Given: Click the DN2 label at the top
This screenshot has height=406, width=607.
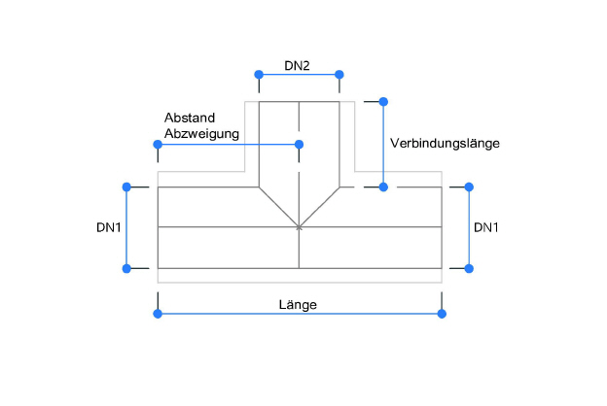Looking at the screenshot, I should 297,65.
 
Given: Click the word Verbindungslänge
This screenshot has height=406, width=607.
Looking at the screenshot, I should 445,143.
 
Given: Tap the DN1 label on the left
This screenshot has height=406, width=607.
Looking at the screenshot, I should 109,228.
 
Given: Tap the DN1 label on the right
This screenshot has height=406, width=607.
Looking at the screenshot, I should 486,228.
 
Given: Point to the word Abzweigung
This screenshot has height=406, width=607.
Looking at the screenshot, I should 202,134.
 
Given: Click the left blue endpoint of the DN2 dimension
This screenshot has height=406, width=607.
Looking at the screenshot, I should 259,74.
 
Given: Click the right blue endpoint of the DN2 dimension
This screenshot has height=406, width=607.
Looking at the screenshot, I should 339,74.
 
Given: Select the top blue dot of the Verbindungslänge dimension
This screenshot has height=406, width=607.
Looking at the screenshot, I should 383,101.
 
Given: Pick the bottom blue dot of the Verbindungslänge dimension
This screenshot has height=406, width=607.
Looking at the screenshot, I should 383,186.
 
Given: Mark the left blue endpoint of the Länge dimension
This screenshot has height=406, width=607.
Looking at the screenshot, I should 158,313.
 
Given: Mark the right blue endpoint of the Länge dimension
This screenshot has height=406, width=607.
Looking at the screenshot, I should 442,313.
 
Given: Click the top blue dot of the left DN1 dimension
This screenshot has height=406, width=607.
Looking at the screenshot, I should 125,186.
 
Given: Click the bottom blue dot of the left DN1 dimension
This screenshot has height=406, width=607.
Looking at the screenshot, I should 125,268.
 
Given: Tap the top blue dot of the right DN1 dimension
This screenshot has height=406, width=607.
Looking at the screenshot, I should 469,186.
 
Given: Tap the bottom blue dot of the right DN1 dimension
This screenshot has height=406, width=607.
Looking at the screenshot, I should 469,268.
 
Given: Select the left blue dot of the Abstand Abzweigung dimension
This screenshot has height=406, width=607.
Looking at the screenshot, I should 158,145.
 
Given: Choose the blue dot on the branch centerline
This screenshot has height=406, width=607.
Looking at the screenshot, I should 299,145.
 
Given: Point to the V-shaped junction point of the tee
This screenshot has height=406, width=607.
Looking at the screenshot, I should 299,227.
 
